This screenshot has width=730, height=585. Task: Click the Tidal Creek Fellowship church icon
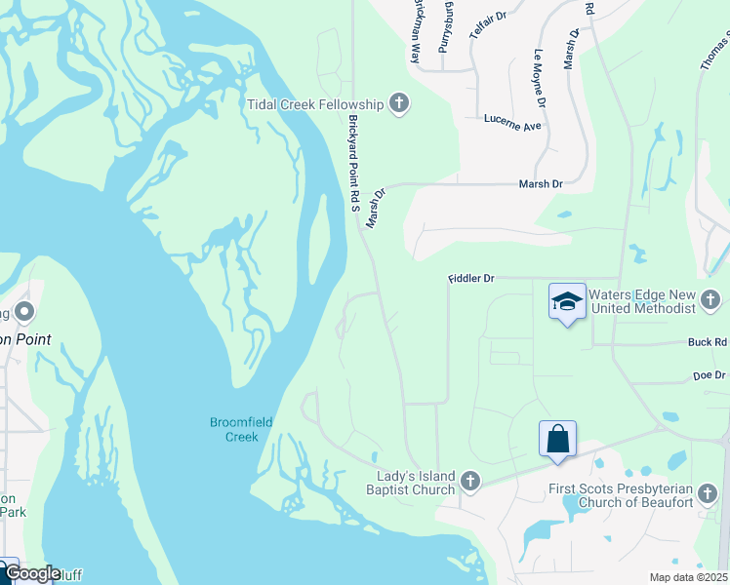[x=398, y=103]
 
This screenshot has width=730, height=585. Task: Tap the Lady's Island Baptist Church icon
[x=470, y=482]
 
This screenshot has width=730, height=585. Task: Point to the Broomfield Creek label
[x=240, y=429]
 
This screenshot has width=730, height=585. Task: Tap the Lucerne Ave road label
[x=512, y=125]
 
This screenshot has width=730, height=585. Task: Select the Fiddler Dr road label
[x=471, y=279]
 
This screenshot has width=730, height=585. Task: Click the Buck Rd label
[x=708, y=343]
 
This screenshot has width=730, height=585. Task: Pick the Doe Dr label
[x=710, y=375]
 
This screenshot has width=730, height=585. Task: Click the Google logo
[x=31, y=574]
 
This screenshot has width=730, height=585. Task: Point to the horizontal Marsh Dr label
[x=542, y=183]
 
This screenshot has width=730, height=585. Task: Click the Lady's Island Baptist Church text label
[x=417, y=483]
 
